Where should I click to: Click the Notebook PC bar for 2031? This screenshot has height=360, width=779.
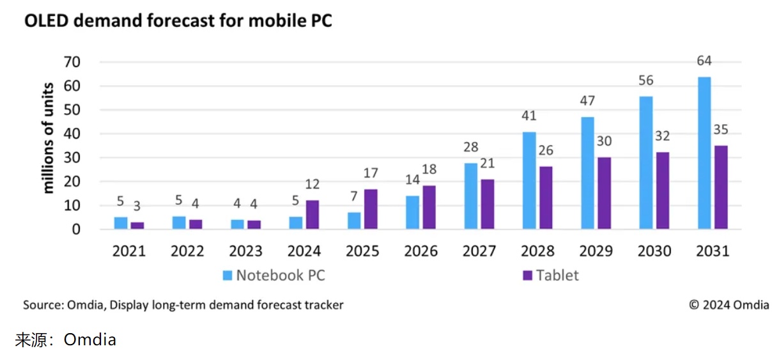704,153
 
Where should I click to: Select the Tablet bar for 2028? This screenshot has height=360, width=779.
546,198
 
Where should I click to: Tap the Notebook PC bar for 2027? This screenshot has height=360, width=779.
471,196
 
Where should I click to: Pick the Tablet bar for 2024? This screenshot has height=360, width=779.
312,214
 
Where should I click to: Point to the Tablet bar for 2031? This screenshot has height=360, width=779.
721,187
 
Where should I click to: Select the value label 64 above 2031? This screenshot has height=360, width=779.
704,61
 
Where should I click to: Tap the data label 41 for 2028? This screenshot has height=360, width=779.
528,116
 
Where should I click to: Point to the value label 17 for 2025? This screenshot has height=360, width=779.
370,173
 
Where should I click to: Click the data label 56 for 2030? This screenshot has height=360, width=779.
645,81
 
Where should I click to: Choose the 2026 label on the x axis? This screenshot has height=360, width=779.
420,251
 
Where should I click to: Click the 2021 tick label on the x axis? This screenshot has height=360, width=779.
129,251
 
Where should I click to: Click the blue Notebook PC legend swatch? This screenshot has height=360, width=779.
228,276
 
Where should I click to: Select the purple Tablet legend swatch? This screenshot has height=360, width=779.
527,276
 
